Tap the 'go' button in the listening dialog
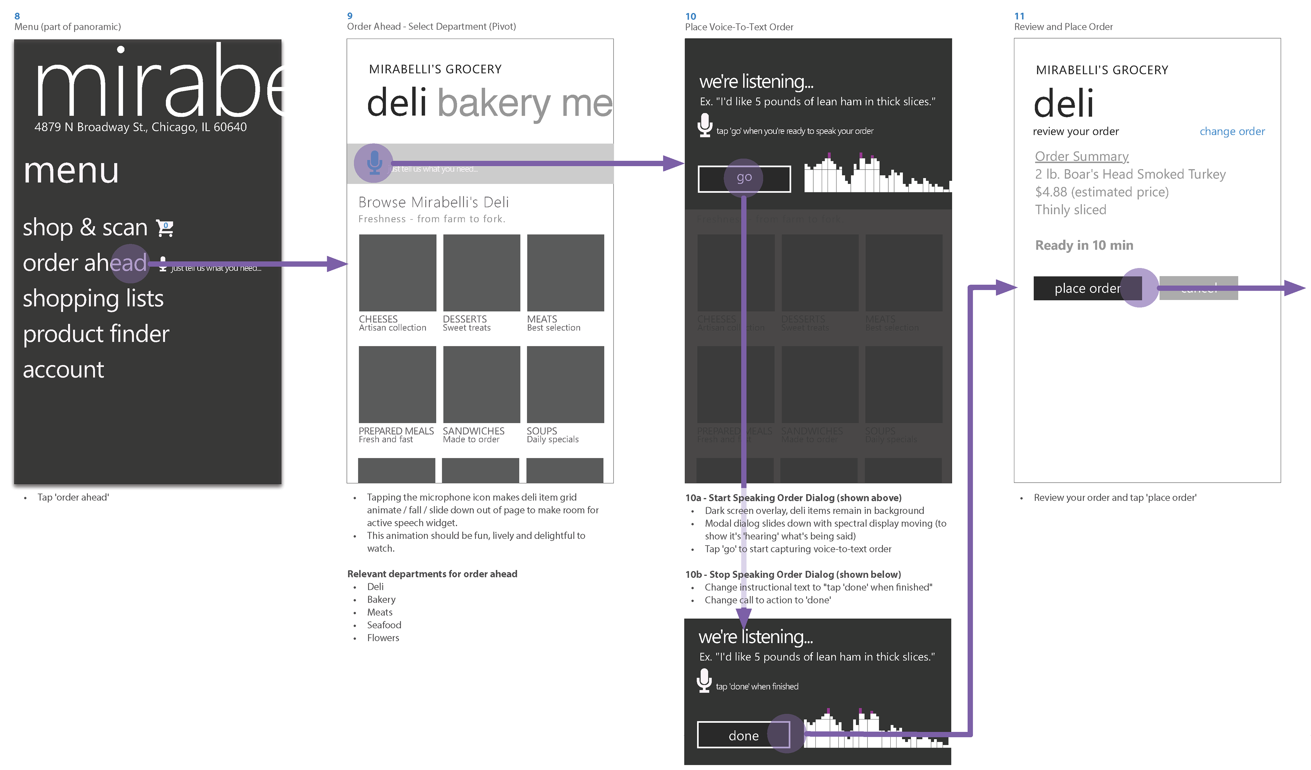click(744, 179)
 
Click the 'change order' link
click(1231, 132)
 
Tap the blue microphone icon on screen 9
click(374, 162)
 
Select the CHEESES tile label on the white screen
click(378, 319)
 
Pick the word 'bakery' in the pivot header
click(494, 103)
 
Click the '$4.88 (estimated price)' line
click(1101, 192)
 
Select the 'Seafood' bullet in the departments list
click(384, 625)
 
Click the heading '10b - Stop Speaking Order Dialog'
click(793, 574)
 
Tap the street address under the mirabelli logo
click(140, 127)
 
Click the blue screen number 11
click(1019, 16)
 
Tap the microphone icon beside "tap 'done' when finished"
click(704, 681)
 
